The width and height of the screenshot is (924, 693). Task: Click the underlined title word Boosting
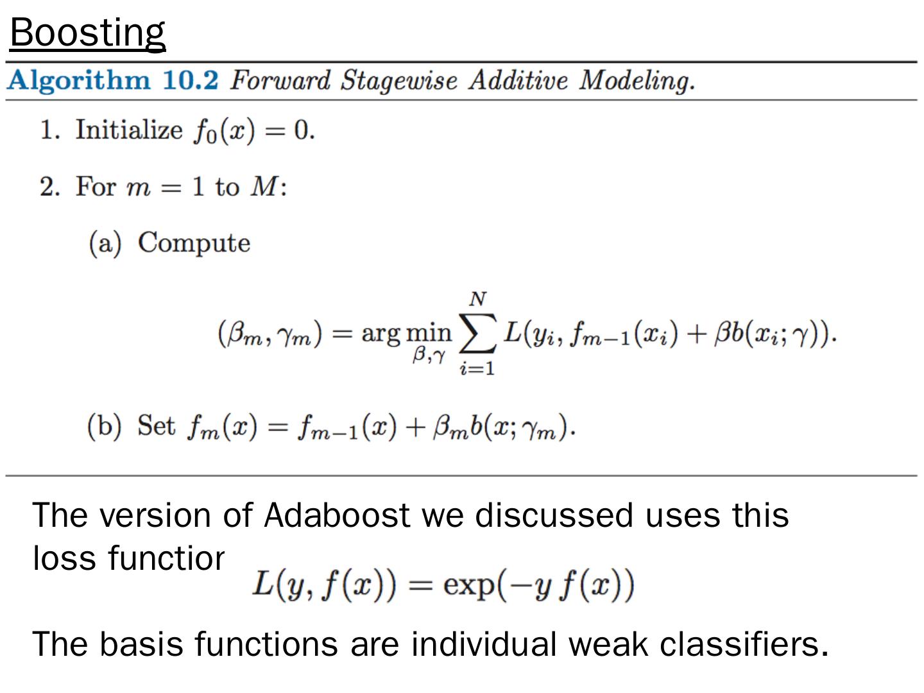[x=88, y=33]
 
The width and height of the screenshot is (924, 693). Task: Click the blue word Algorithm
[x=79, y=81]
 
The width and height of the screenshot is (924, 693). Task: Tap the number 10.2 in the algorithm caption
[x=191, y=80]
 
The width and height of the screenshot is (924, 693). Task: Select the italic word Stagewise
[x=399, y=81]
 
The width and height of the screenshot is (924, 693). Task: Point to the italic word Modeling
[x=637, y=81]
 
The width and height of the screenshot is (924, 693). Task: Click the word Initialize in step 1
[x=129, y=130]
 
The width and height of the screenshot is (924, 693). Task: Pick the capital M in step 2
[x=265, y=187]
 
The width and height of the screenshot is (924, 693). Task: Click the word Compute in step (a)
[x=194, y=243]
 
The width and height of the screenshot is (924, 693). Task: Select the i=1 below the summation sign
[x=477, y=369]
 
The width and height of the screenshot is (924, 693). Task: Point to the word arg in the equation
[x=381, y=334]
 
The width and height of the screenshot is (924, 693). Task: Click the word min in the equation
[x=429, y=332]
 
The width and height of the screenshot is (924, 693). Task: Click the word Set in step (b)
[x=156, y=426]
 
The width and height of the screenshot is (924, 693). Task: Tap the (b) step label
[x=104, y=427]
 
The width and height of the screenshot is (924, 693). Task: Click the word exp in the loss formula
[x=469, y=585]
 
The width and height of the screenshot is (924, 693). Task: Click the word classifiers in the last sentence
[x=744, y=644]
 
